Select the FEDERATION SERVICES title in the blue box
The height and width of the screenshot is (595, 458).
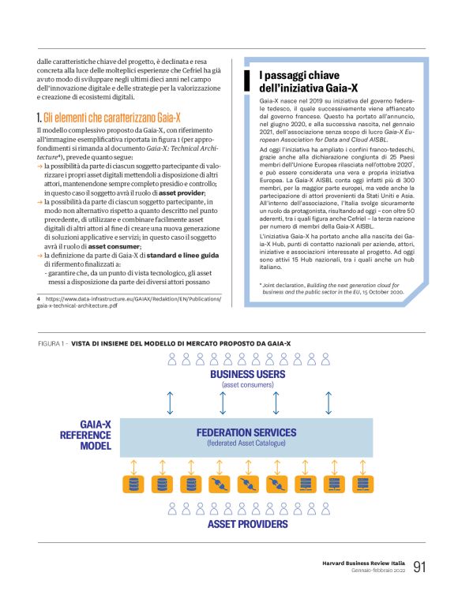247,432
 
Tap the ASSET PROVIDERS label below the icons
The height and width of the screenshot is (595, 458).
247,524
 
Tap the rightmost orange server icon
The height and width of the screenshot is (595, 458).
362,483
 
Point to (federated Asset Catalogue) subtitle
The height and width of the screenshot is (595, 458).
247,443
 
